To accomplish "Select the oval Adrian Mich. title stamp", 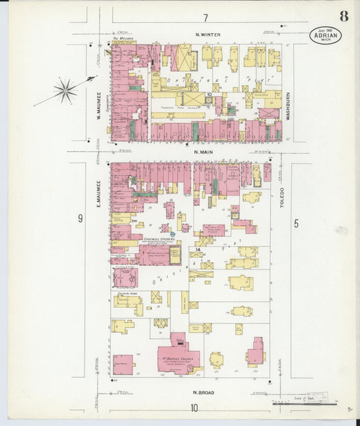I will (326, 35).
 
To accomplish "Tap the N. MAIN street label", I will (204, 152).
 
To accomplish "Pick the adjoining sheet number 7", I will (205, 17).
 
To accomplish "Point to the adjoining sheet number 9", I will (80, 218).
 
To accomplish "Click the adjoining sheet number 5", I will (296, 222).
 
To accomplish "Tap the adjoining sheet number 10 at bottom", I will (194, 407).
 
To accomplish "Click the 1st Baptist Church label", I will (179, 358).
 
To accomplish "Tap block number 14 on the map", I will (199, 250).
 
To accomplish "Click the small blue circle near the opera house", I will (173, 234).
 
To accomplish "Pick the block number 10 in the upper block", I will (210, 95).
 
